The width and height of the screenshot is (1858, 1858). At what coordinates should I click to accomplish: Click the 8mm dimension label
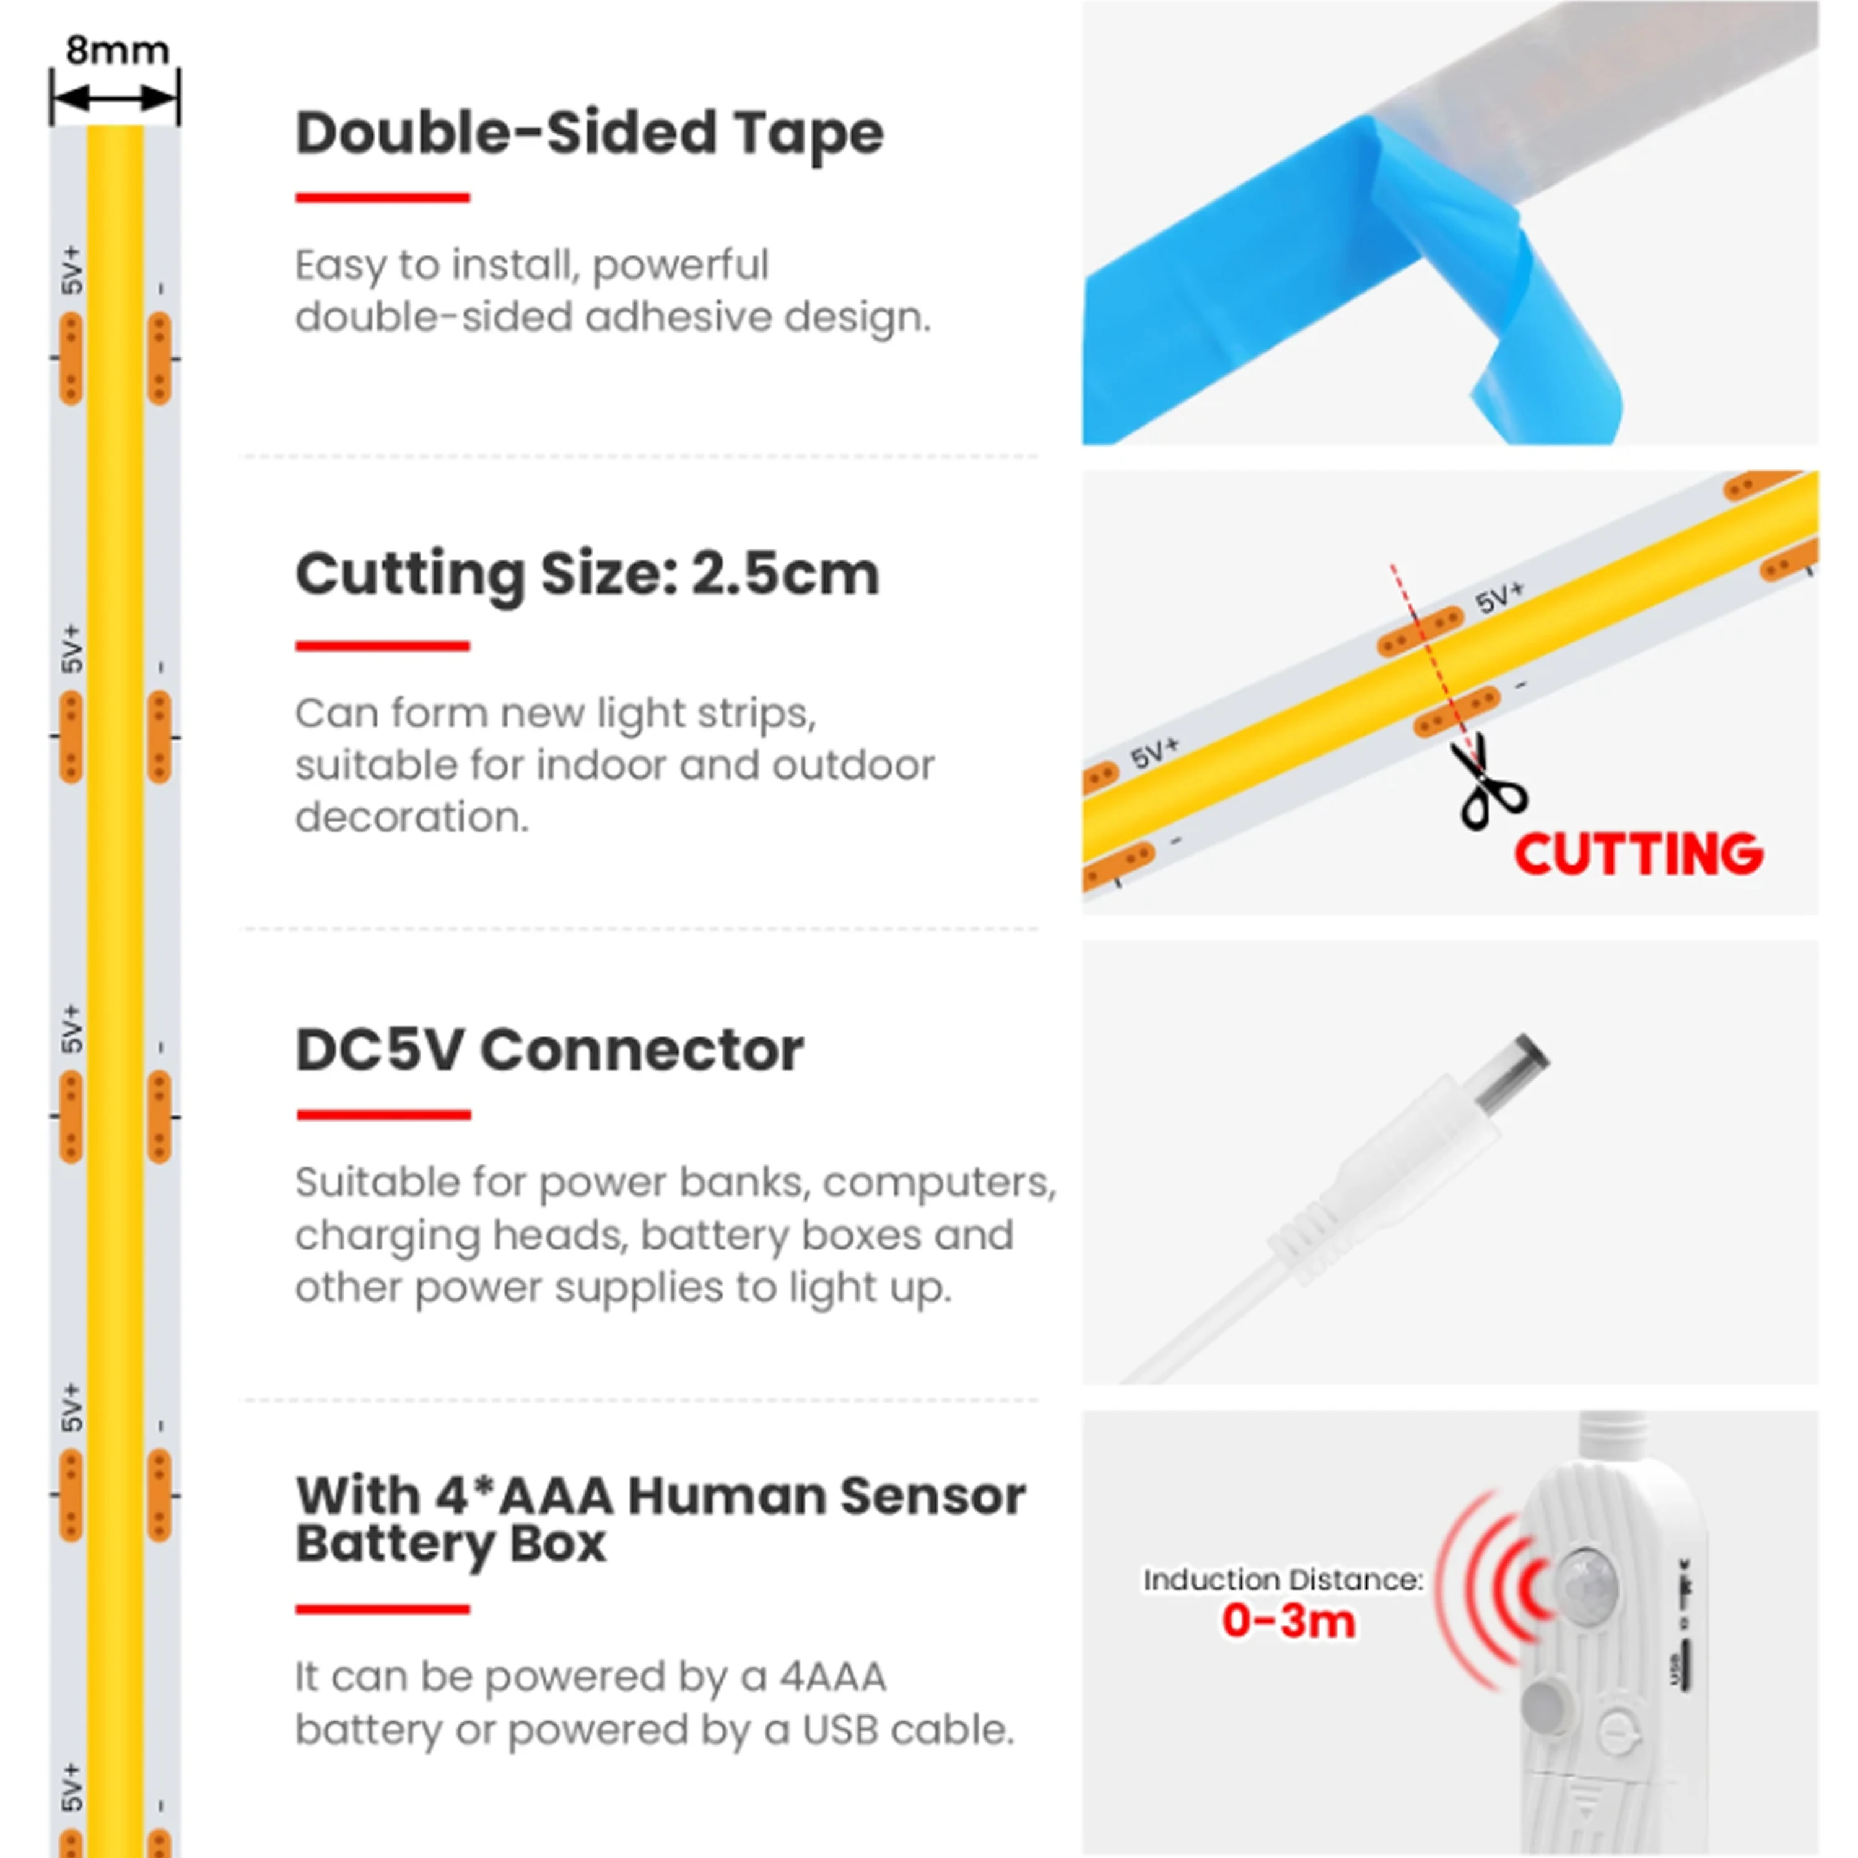[117, 50]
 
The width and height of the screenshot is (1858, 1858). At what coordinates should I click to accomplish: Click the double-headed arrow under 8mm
[115, 97]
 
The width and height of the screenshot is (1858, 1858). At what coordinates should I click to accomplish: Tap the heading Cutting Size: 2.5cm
[587, 575]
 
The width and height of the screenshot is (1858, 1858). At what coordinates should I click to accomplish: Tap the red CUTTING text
[1639, 854]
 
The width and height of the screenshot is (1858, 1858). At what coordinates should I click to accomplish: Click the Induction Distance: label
[1283, 1579]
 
